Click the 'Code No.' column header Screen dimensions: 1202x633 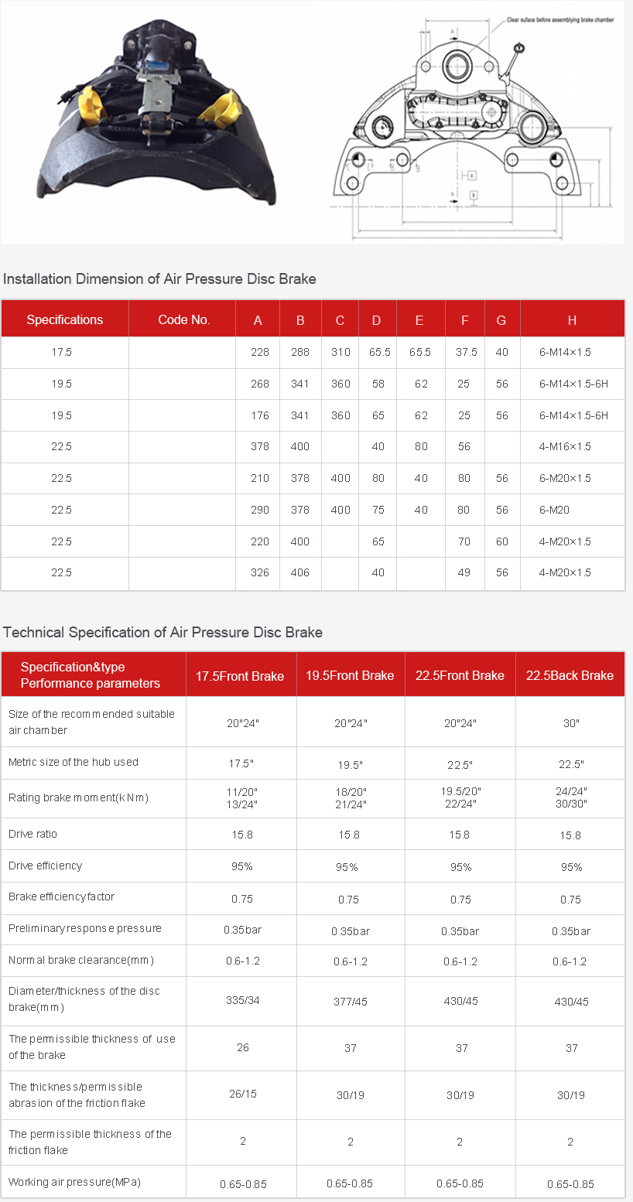pyautogui.click(x=183, y=320)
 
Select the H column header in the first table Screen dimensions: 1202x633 pyautogui.click(x=572, y=320)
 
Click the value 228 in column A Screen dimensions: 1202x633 pyautogui.click(x=260, y=352)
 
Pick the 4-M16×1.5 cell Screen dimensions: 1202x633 pyautogui.click(x=565, y=446)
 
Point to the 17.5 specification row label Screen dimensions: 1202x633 pyautogui.click(x=61, y=352)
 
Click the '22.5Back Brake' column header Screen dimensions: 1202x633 pyautogui.click(x=570, y=675)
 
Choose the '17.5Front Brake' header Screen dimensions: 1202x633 pyautogui.click(x=240, y=675)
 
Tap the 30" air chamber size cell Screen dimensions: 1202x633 pyautogui.click(x=571, y=723)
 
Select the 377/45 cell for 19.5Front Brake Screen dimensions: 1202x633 pyautogui.click(x=350, y=1002)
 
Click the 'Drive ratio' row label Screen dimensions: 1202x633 pyautogui.click(x=33, y=835)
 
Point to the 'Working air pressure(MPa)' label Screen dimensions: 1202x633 pyautogui.click(x=74, y=1182)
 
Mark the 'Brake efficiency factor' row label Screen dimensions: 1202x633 pyautogui.click(x=62, y=897)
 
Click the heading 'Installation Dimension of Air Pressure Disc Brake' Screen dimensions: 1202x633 pyautogui.click(x=159, y=279)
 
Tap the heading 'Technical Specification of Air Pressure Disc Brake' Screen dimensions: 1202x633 pyautogui.click(x=163, y=633)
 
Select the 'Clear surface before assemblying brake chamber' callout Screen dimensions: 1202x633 pyautogui.click(x=560, y=20)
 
